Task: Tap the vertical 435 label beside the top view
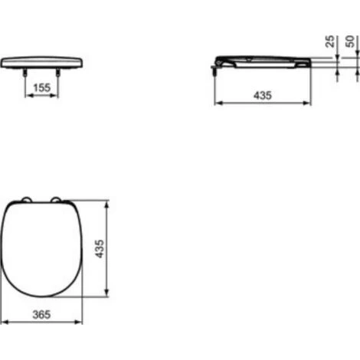click(x=98, y=249)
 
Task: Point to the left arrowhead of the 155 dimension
click(x=28, y=97)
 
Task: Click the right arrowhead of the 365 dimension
click(x=80, y=322)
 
